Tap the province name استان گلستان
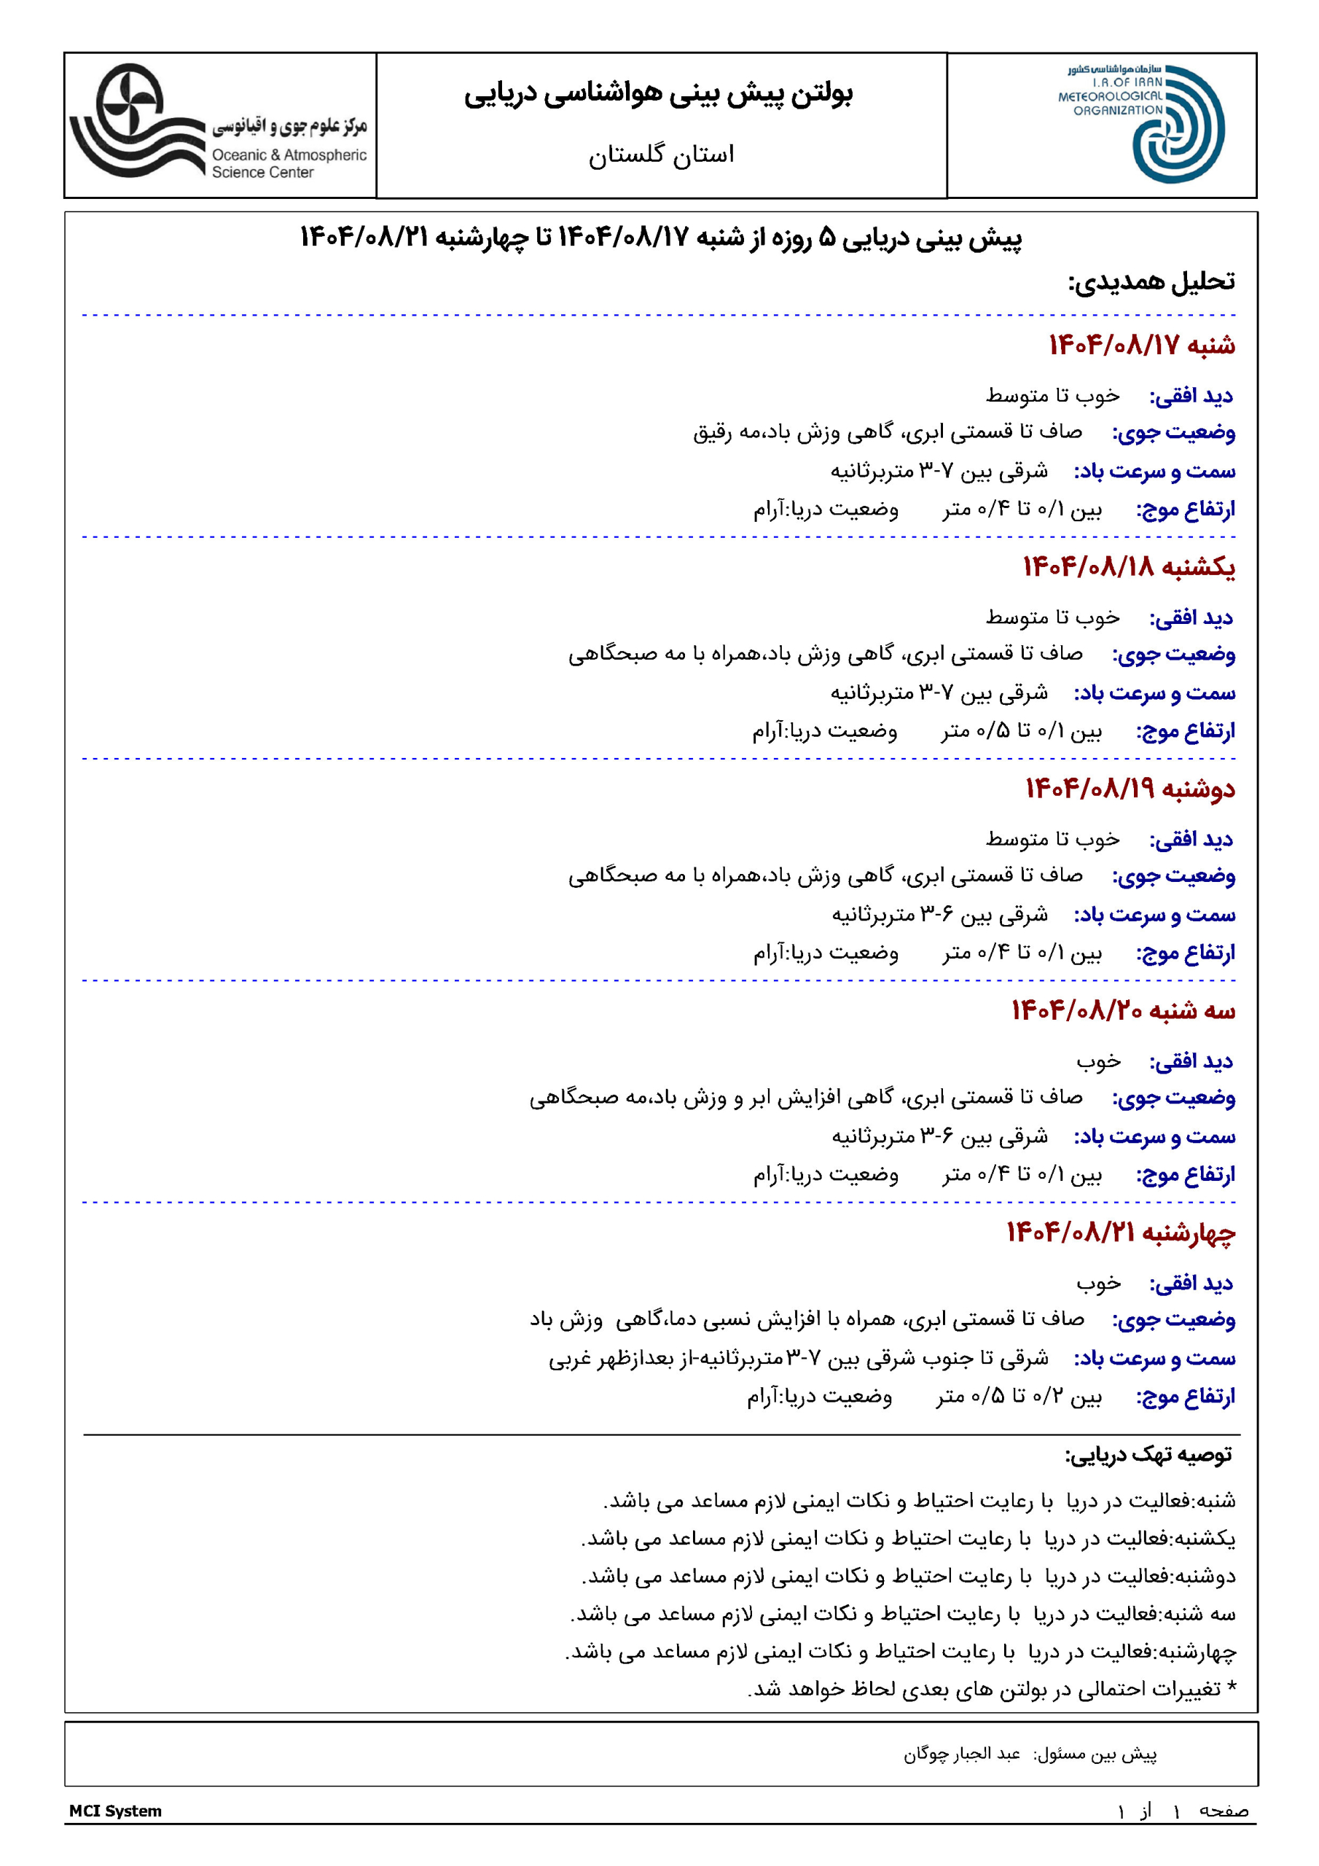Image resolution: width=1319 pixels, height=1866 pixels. pyautogui.click(x=661, y=155)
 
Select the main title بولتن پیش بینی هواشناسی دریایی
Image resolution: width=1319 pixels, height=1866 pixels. pyautogui.click(x=659, y=94)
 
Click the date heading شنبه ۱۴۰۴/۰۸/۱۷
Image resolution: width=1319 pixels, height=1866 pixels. pyautogui.click(x=1141, y=346)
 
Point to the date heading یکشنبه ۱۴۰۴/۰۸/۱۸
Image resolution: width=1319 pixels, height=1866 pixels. pyautogui.click(x=1128, y=566)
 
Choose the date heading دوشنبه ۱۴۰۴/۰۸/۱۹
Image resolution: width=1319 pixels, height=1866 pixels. pyautogui.click(x=1130, y=789)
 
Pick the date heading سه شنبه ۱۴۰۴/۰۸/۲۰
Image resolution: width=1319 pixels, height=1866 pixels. pyautogui.click(x=1123, y=1010)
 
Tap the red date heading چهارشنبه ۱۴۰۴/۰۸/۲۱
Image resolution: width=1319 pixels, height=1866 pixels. pyautogui.click(x=1121, y=1232)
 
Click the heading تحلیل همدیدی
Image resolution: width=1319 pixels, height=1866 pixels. pyautogui.click(x=1151, y=282)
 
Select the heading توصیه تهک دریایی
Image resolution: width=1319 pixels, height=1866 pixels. pyautogui.click(x=1148, y=1454)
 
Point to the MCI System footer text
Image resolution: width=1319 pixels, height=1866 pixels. pyautogui.click(x=115, y=1811)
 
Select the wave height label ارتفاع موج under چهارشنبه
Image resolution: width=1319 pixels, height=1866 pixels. pyautogui.click(x=1185, y=1397)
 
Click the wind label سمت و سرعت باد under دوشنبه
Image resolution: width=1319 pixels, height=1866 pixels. pyautogui.click(x=1155, y=914)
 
